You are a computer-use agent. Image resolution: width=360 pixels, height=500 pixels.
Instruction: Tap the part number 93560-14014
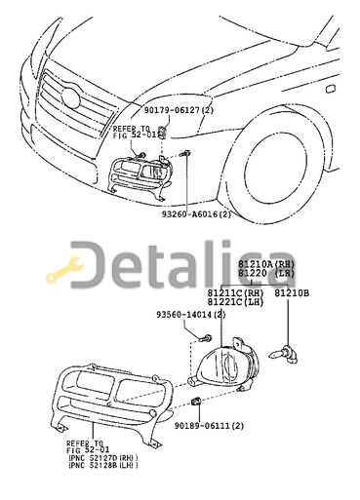[x=189, y=315]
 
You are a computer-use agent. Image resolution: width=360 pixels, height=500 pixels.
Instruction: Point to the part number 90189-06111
[x=209, y=426]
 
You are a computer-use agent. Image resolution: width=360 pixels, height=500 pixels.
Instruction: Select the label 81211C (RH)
[x=234, y=291]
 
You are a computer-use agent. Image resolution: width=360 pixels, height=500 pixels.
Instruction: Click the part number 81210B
[x=291, y=291]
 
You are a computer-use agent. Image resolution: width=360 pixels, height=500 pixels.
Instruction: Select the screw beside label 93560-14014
[x=207, y=337]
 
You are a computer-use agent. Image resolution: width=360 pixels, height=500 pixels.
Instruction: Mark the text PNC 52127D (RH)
[x=102, y=457]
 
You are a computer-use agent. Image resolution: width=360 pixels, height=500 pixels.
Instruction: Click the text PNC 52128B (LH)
[x=102, y=466]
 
